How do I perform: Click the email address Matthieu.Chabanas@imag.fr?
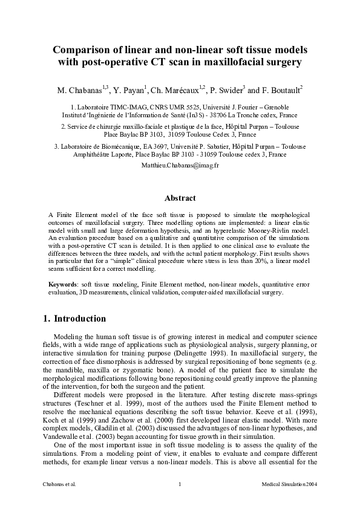point(180,164)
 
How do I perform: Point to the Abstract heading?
point(180,198)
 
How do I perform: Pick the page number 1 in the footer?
point(180,484)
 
